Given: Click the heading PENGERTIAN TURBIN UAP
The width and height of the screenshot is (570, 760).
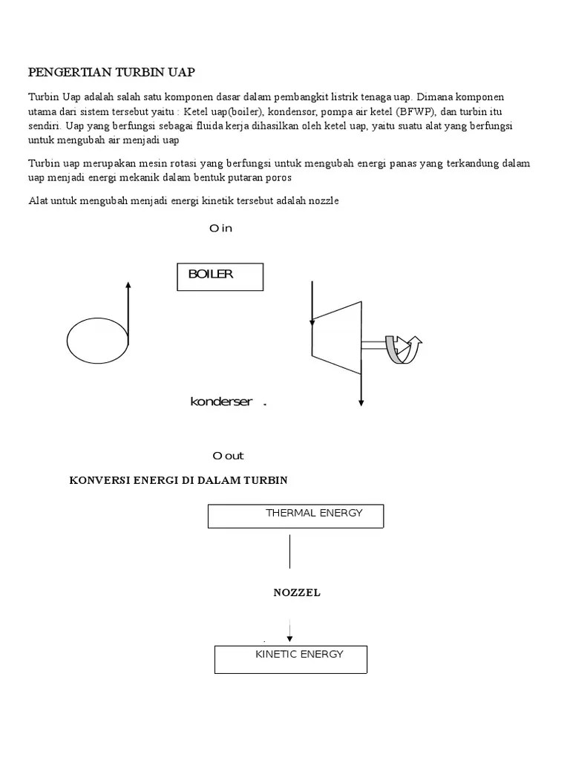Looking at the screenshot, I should coord(111,72).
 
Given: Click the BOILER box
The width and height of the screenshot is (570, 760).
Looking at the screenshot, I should coord(220,276).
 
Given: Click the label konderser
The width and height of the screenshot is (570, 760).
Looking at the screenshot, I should coord(221,402).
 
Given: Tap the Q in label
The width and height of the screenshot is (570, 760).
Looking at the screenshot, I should coord(221,228).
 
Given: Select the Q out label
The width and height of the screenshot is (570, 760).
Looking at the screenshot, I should coord(228,456).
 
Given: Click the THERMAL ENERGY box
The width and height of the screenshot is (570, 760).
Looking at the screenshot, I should coord(296,516).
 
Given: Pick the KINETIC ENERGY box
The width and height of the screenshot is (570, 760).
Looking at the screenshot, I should coord(291,658).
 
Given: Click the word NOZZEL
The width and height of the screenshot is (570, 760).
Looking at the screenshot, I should coord(297,593).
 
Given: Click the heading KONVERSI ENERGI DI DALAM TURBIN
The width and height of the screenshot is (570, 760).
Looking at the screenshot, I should coord(178,480).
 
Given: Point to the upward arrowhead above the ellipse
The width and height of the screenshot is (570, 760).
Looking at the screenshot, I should coord(128,285).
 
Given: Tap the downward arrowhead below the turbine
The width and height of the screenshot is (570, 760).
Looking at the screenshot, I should coord(361,402).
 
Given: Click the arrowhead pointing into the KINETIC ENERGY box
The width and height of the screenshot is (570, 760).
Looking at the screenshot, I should coord(289,638).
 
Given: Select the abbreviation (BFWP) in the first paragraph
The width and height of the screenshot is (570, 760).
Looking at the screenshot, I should coord(417,112).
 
